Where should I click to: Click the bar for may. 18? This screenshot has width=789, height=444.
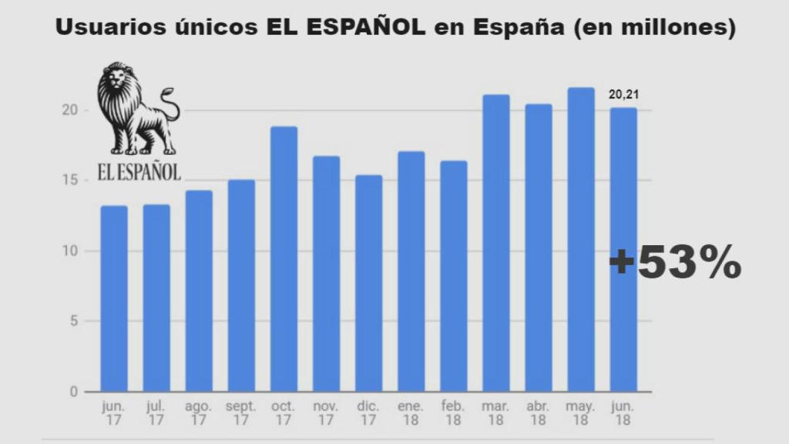[581, 240]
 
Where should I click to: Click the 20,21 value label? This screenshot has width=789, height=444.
[624, 95]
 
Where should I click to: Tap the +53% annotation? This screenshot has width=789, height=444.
[675, 264]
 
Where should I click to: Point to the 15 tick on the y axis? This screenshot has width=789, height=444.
[72, 180]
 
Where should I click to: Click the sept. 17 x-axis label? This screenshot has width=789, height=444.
[241, 412]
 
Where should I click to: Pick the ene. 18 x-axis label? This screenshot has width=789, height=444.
[411, 412]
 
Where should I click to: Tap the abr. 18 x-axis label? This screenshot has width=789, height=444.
[538, 412]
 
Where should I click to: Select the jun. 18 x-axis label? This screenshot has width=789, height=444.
[623, 412]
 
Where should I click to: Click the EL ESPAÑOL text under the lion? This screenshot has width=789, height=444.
[139, 171]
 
